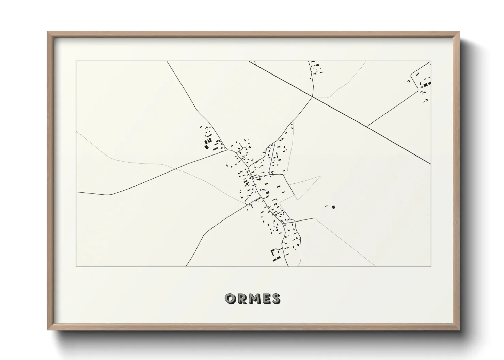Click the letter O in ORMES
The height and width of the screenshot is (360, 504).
pyautogui.click(x=229, y=298)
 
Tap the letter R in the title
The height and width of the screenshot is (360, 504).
pyautogui.click(x=240, y=298)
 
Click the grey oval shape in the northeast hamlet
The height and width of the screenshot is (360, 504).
pyautogui.click(x=422, y=87)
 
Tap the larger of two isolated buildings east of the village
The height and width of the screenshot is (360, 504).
pyautogui.click(x=334, y=207)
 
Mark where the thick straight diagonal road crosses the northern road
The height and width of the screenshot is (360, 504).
pyautogui.click(x=313, y=97)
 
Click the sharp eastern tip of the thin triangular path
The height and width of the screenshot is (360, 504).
pyautogui.click(x=321, y=176)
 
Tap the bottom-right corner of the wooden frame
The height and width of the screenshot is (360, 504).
pyautogui.click(x=459, y=330)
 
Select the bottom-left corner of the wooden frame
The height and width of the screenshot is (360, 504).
pyautogui.click(x=48, y=330)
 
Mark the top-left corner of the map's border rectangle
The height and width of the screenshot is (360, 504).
pyautogui.click(x=76, y=61)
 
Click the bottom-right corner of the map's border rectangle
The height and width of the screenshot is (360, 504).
pyautogui.click(x=431, y=267)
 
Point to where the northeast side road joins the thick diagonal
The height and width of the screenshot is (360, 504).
pyautogui.click(x=367, y=126)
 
